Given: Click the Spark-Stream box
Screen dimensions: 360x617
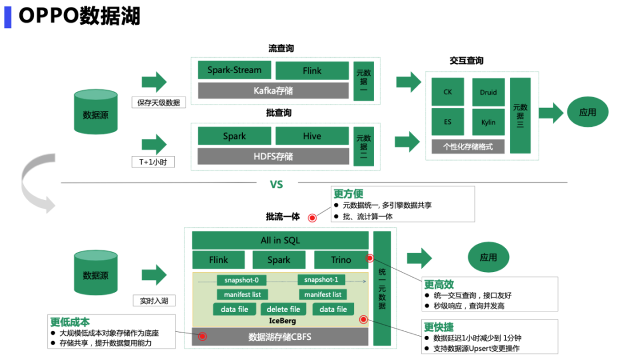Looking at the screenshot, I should [x=234, y=70].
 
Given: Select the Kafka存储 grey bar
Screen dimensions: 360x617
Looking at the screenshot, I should [x=273, y=90].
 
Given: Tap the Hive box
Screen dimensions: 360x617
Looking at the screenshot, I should [x=312, y=136].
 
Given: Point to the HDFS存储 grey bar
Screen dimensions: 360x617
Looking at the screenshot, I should [x=273, y=156].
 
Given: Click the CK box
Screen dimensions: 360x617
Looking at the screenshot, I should [x=448, y=92].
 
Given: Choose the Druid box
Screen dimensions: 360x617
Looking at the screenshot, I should [x=488, y=92].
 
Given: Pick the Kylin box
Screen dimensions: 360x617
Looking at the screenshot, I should [x=488, y=122].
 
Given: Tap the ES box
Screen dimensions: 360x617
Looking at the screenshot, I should [x=448, y=122].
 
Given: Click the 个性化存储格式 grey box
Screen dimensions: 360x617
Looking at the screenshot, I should [x=468, y=147].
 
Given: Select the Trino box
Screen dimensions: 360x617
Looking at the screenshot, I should [x=341, y=259].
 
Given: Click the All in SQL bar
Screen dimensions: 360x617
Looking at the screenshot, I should [x=280, y=240].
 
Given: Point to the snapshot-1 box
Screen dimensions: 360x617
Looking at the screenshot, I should [x=321, y=280].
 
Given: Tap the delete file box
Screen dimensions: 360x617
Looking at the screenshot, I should [x=283, y=309].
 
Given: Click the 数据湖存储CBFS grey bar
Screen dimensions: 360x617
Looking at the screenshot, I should [x=280, y=337].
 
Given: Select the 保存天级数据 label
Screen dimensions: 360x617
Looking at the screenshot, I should [x=159, y=103].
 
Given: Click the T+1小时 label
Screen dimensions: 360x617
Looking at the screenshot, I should [x=153, y=162].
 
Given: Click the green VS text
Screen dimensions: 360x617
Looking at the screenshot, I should [x=277, y=185].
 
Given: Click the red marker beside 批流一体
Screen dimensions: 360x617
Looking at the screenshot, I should [x=312, y=218].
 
